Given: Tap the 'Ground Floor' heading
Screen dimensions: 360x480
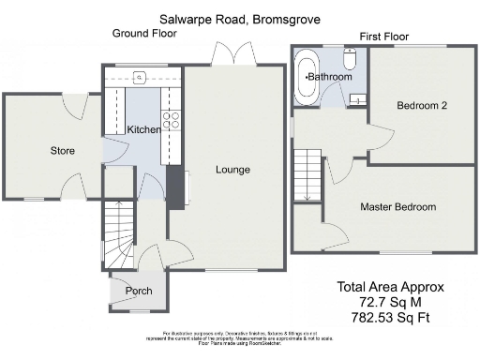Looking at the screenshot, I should pyautogui.click(x=144, y=33).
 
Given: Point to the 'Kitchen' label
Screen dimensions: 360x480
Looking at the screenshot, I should pyautogui.click(x=144, y=129).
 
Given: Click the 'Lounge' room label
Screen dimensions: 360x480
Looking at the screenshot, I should pyautogui.click(x=232, y=170).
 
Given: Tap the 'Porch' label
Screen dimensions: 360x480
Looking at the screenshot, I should pyautogui.click(x=138, y=291).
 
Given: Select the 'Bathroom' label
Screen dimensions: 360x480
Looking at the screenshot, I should pyautogui.click(x=330, y=76).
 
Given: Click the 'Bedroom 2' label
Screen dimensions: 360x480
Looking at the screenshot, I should pyautogui.click(x=421, y=106).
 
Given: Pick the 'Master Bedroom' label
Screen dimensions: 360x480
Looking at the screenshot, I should pyautogui.click(x=398, y=206).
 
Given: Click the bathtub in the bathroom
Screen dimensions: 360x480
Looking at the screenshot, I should pyautogui.click(x=307, y=82).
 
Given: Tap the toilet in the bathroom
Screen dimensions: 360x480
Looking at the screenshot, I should pyautogui.click(x=349, y=60).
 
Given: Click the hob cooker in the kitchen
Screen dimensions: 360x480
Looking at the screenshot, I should pyautogui.click(x=172, y=119).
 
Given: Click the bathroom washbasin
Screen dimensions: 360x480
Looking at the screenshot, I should pyautogui.click(x=357, y=97).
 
